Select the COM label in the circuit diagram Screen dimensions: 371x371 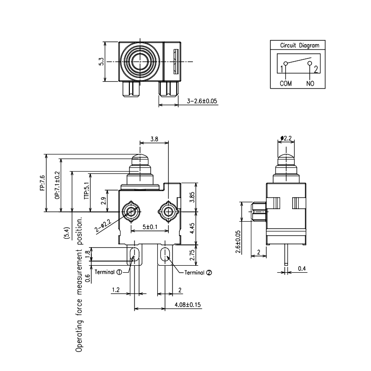click(285, 83)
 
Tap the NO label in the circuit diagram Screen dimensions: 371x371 click(310, 83)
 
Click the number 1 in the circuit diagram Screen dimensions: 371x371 click(281, 70)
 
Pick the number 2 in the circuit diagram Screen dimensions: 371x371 click(315, 70)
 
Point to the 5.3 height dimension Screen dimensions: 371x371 click(101, 61)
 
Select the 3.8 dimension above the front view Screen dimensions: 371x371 click(154, 139)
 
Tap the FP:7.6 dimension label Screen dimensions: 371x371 click(42, 183)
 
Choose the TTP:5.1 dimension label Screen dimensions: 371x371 click(86, 191)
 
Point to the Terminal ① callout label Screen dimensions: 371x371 click(108, 272)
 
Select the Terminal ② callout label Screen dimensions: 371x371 click(198, 272)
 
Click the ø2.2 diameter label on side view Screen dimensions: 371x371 click(286, 138)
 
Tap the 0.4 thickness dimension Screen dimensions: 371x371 click(301, 269)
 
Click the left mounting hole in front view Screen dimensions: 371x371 click(132, 212)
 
